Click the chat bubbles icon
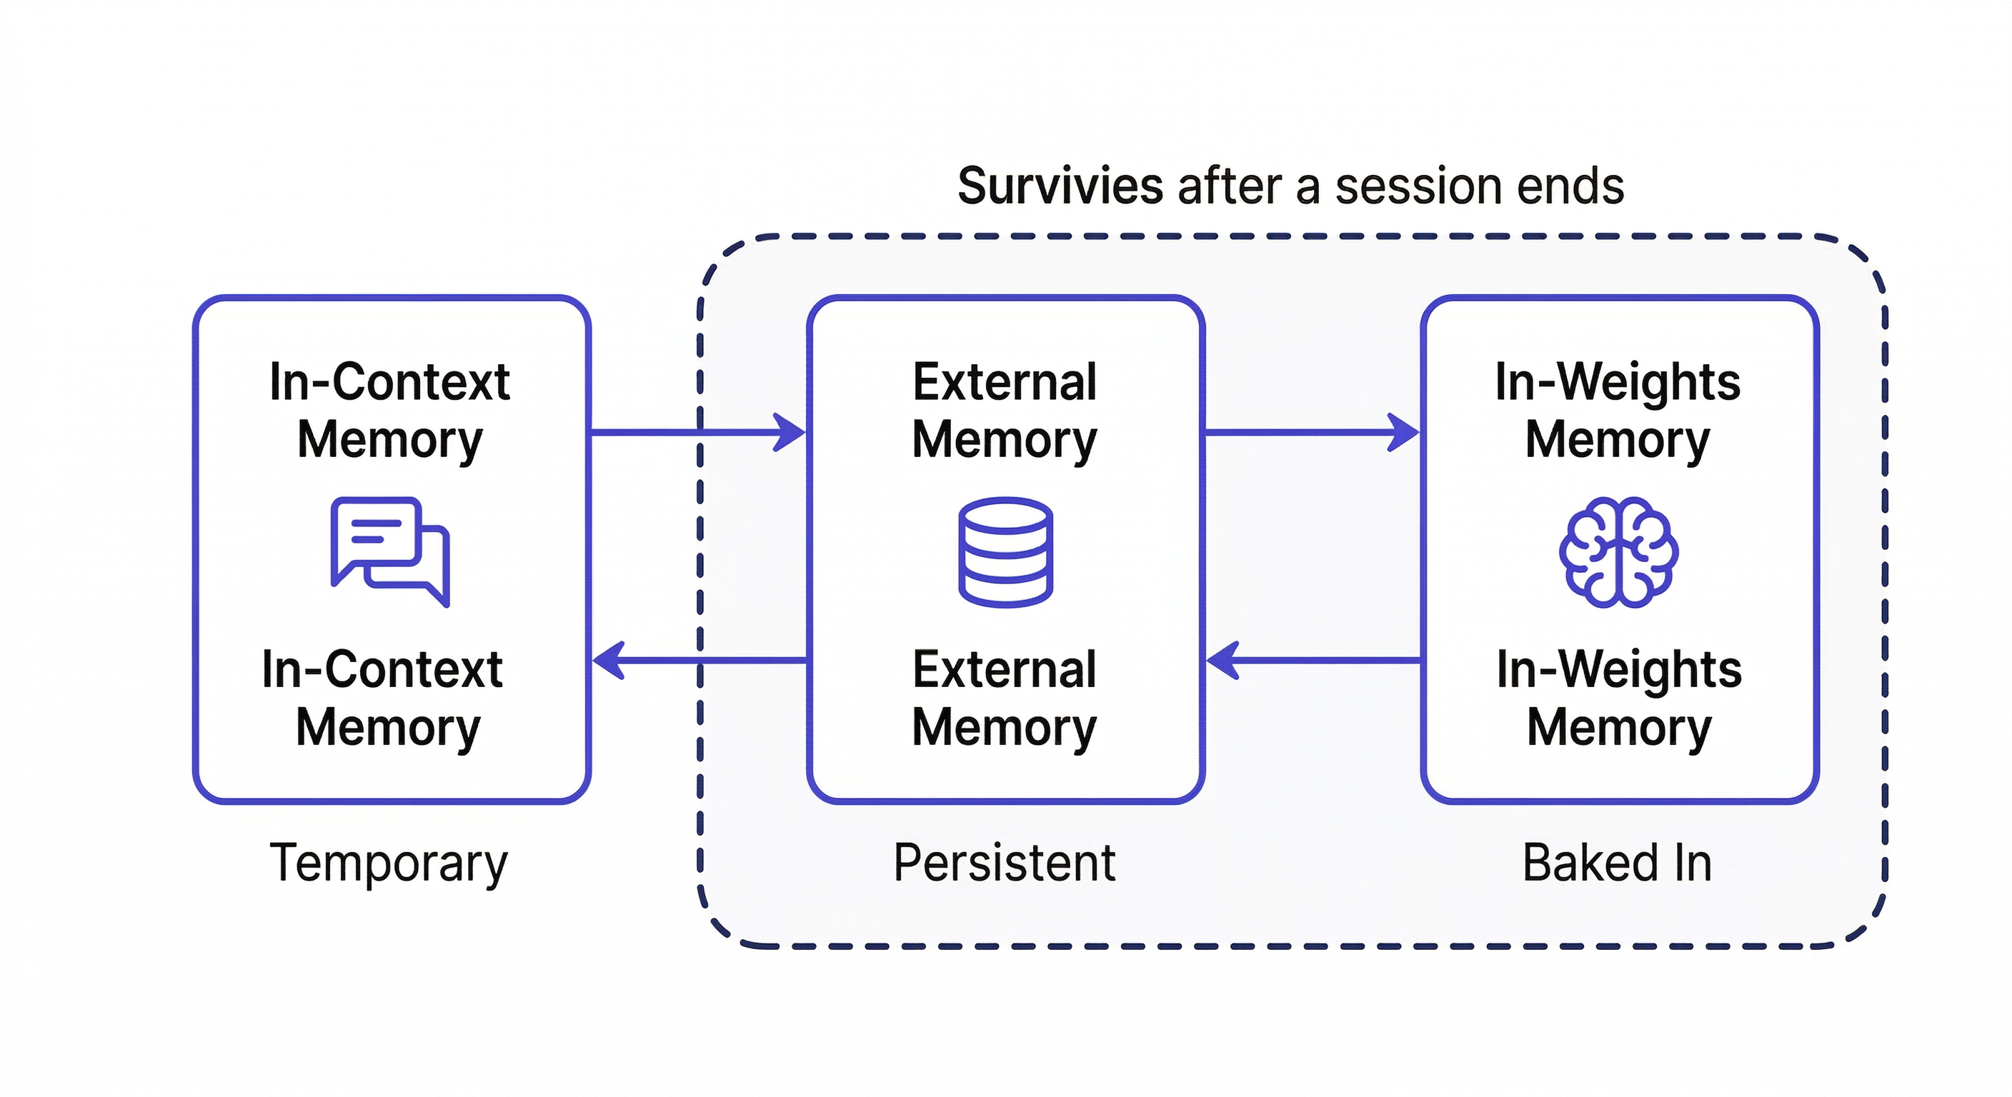point(389,551)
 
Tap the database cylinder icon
point(1005,551)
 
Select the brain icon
point(1618,551)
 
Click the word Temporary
point(388,863)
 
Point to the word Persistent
point(1005,863)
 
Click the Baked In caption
point(1617,863)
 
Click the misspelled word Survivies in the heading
point(1060,186)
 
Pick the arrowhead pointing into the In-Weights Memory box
point(1403,432)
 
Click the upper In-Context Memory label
point(389,411)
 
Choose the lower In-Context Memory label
point(383,698)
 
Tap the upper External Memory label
point(1005,411)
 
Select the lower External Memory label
point(1005,698)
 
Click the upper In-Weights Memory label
point(1618,411)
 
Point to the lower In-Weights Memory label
point(1619,698)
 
